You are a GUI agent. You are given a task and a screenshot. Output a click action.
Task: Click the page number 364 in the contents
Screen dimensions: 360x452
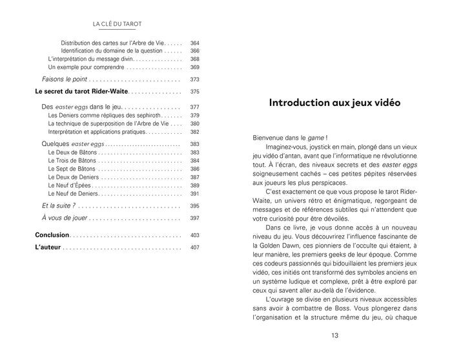(195, 43)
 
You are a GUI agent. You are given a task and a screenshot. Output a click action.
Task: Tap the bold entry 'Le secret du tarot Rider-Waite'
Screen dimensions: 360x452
(81, 92)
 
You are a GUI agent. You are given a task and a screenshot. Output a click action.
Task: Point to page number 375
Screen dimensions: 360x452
(195, 92)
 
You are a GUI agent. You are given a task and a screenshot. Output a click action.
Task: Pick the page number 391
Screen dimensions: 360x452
(195, 194)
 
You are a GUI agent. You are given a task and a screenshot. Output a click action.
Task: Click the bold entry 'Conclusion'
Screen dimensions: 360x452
(52, 235)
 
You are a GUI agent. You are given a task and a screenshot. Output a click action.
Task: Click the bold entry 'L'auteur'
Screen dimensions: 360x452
(48, 248)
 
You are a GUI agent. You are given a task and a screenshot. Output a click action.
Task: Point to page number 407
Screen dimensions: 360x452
(195, 248)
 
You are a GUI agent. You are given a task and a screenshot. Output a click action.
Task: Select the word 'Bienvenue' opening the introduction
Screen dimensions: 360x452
(271, 137)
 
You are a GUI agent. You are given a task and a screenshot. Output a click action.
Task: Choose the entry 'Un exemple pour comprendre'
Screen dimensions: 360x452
(86, 67)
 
